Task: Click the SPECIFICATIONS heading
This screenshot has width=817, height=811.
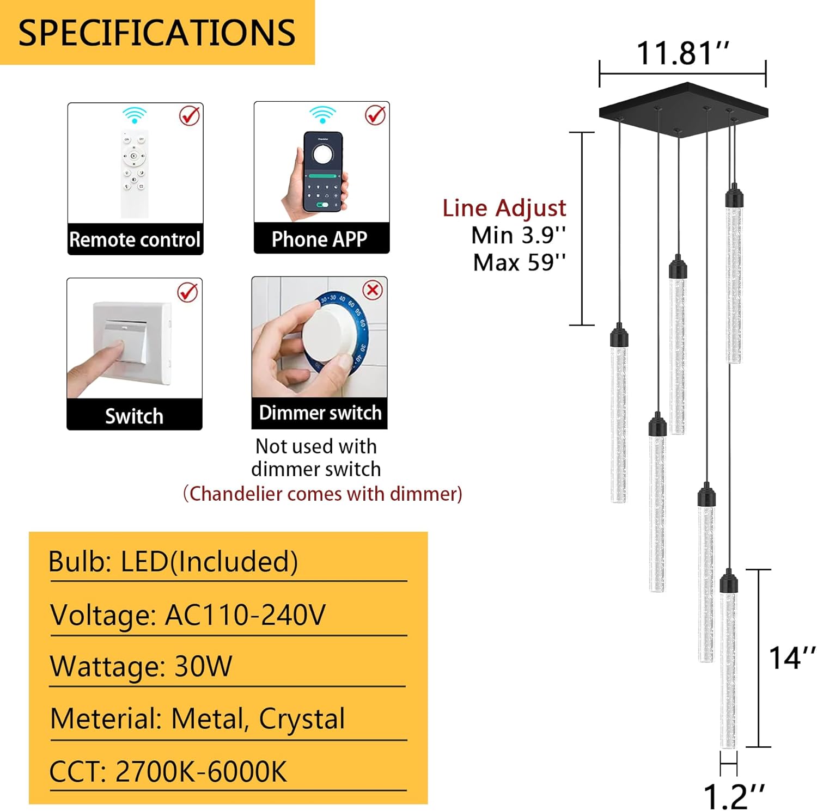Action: coord(157,33)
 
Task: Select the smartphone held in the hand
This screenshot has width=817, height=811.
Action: coord(323,171)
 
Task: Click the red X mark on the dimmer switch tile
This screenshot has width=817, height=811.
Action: coord(373,290)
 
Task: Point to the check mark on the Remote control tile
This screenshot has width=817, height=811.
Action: coord(190,115)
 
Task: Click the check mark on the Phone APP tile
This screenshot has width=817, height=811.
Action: coord(375,115)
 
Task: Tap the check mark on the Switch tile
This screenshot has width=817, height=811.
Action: coord(188,292)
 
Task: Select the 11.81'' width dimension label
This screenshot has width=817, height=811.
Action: coord(682,53)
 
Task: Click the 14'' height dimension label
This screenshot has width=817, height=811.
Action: coord(791,658)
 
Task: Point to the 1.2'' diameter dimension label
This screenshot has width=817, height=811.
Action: coord(733,796)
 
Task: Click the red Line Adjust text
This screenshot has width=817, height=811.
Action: coord(504,208)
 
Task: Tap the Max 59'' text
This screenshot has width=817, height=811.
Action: coord(519,262)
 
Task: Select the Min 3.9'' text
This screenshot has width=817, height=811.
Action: coord(518,235)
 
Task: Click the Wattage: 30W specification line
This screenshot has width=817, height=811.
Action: coord(141,666)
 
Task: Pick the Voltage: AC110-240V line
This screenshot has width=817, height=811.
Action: coord(188,615)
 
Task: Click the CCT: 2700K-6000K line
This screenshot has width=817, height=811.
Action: coord(168,771)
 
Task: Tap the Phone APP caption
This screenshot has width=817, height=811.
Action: coord(320,239)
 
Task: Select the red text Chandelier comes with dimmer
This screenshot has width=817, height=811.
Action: coord(322,494)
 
